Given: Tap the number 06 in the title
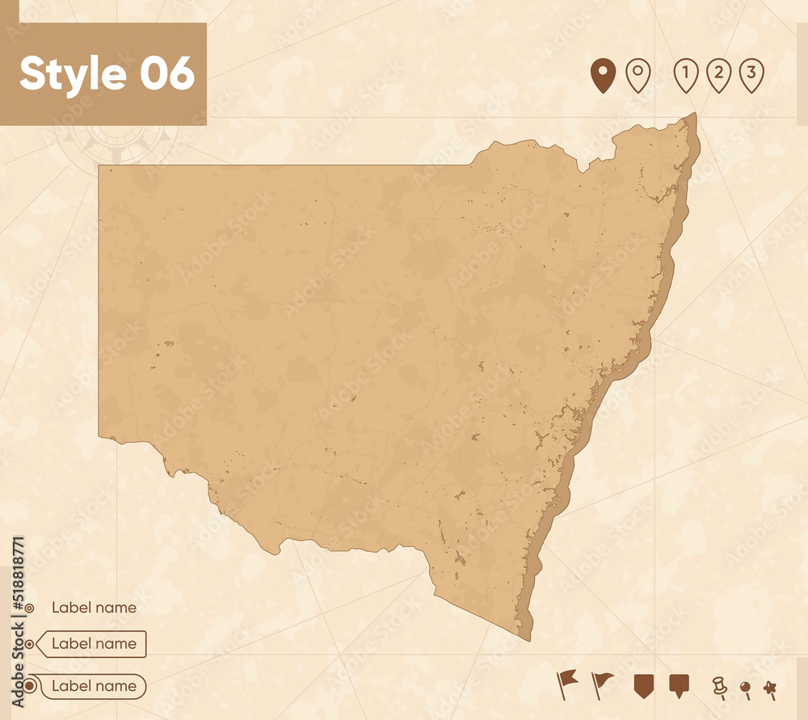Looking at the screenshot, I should tap(167, 74).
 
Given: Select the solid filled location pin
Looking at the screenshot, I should tap(603, 75).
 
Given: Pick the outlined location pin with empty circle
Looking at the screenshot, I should tap(638, 75).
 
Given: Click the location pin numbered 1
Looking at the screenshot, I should tap(685, 75).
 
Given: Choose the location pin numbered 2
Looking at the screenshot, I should tap(718, 75).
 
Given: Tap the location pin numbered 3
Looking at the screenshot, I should tap(751, 75).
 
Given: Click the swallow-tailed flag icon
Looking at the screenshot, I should tap(566, 684).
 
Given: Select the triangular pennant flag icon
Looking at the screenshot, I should tap(601, 684).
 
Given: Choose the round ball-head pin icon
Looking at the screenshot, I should tap(745, 689).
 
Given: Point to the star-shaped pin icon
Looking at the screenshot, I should tap(770, 688).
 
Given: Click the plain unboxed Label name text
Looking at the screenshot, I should tap(94, 608).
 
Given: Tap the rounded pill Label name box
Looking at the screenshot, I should tap(94, 686).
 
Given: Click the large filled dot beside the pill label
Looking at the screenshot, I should tap(30, 686).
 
